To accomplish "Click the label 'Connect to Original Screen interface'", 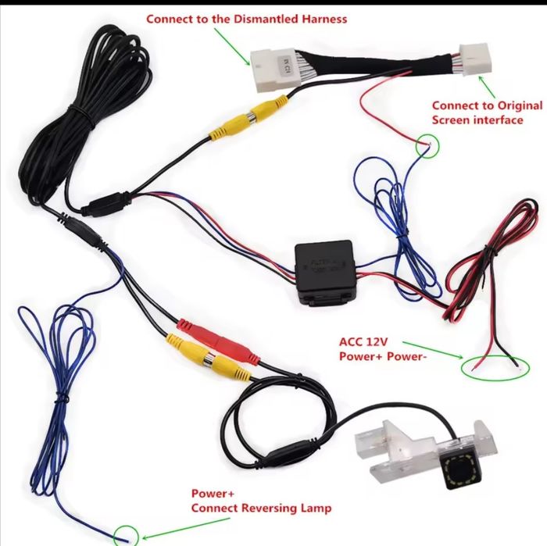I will point(487,112).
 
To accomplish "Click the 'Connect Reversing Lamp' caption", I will point(261,508).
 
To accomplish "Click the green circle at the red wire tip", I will point(428,145).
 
